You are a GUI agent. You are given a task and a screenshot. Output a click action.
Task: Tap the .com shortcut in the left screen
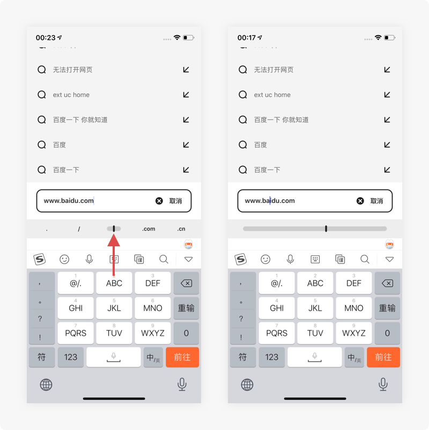click(149, 229)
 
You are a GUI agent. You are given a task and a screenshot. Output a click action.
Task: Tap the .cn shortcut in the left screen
click(181, 229)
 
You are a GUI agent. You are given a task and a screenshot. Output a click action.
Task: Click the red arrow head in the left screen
click(114, 240)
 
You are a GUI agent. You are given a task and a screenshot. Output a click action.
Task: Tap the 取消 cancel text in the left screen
click(175, 201)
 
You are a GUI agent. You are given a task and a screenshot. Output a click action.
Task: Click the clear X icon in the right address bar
click(360, 201)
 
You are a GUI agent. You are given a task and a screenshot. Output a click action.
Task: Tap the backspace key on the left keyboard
click(186, 283)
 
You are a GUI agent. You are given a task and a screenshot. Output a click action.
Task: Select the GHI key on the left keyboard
click(76, 308)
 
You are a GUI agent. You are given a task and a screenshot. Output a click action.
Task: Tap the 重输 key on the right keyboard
click(387, 308)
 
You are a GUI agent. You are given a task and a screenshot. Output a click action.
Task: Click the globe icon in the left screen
click(46, 384)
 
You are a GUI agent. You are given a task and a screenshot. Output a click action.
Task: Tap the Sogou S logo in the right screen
click(241, 259)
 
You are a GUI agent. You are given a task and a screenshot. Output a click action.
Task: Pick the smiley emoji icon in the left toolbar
click(64, 259)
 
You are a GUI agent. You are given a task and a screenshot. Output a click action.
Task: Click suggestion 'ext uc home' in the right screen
click(272, 95)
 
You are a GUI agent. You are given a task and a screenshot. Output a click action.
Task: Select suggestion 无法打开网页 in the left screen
click(72, 70)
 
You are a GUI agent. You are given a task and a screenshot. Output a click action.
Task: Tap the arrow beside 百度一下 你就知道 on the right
click(387, 119)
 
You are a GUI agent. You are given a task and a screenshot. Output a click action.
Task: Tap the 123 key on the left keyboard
click(71, 357)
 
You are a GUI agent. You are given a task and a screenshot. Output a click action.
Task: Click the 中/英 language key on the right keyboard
click(354, 357)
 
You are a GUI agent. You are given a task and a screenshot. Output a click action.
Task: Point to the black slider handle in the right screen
click(326, 229)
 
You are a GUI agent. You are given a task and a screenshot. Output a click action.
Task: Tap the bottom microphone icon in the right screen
click(383, 384)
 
